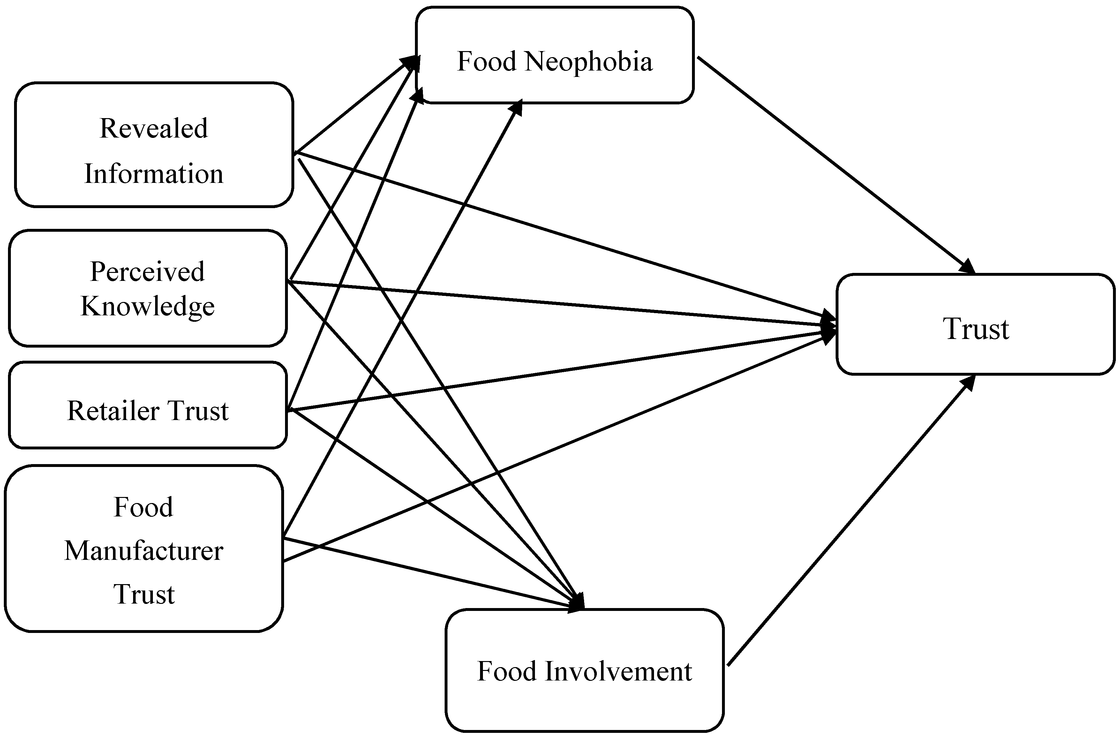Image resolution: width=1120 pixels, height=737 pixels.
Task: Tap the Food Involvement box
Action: click(x=584, y=671)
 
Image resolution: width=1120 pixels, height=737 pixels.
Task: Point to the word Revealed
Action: click(x=154, y=128)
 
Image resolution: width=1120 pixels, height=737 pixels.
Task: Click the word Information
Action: click(x=154, y=174)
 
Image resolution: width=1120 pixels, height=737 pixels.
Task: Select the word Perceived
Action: click(x=147, y=272)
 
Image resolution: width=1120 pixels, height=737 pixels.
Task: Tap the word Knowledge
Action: click(x=147, y=306)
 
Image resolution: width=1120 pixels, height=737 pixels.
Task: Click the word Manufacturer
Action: click(x=144, y=551)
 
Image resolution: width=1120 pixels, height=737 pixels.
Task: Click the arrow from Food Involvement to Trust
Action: click(x=847, y=523)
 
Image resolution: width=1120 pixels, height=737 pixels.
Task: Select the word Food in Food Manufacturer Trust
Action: click(x=144, y=507)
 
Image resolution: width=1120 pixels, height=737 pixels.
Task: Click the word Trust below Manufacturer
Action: click(x=144, y=594)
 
